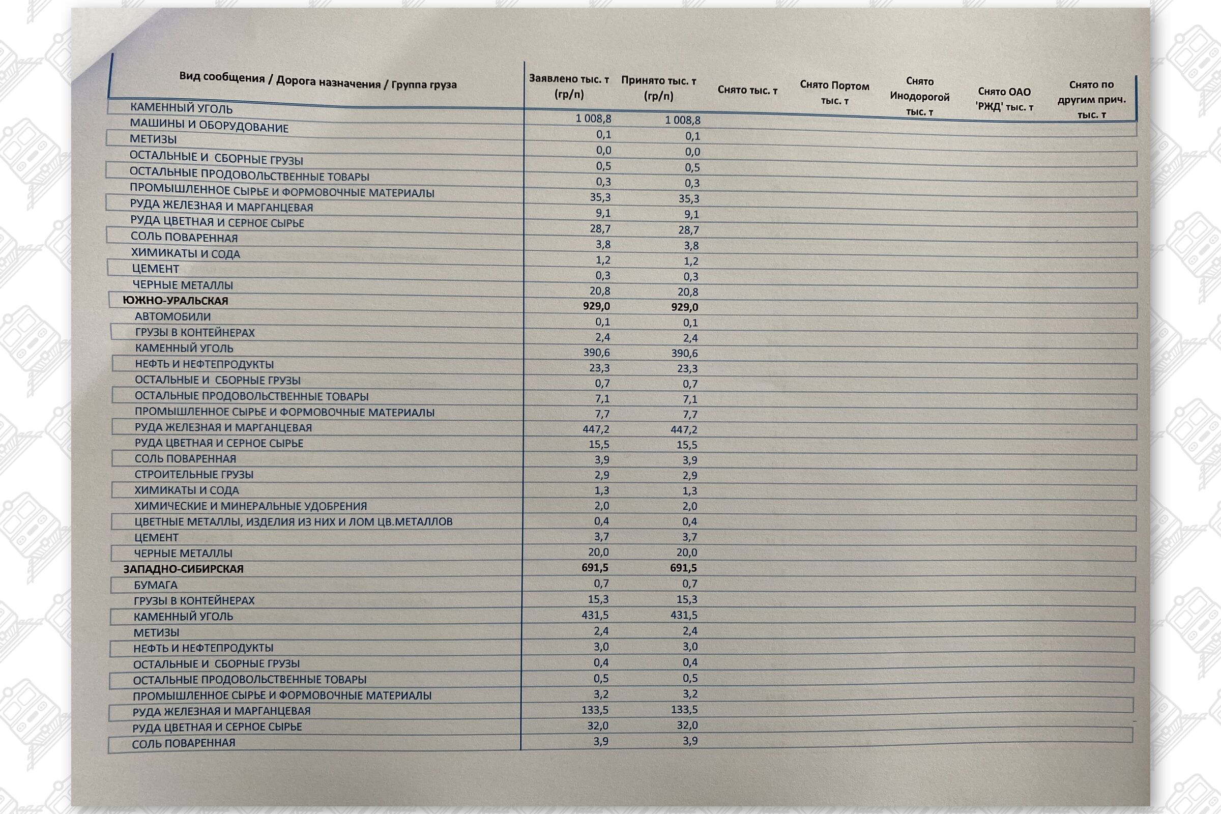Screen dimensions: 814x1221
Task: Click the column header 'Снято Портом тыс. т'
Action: [x=834, y=93]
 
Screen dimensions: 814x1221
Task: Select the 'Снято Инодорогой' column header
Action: [x=919, y=97]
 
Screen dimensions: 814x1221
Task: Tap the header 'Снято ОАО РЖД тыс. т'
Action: [x=1004, y=99]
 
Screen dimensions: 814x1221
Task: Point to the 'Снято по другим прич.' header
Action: [x=1091, y=99]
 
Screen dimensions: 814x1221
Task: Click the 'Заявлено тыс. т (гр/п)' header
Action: [x=569, y=86]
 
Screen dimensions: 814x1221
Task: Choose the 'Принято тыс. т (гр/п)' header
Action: [x=658, y=88]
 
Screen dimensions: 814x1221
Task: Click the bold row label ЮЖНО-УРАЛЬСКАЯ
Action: [x=175, y=301]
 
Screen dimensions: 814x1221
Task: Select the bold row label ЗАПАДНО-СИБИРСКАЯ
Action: [x=183, y=569]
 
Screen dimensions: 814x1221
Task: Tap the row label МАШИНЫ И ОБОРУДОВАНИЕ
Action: [x=209, y=125]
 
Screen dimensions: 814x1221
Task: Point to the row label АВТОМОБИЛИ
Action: [x=172, y=316]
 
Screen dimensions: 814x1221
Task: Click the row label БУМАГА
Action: [x=155, y=585]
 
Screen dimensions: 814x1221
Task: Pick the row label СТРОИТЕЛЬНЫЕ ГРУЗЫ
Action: [x=194, y=475]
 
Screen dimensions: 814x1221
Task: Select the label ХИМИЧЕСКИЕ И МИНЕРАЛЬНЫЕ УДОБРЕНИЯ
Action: [x=250, y=506]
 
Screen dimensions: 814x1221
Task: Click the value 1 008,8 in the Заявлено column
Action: [x=593, y=119]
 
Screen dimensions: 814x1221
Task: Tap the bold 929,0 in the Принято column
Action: [x=684, y=307]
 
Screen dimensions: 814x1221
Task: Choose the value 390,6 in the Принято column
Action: [x=684, y=354]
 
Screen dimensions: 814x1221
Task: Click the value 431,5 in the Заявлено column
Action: [x=595, y=615]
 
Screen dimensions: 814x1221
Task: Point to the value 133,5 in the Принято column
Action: [x=684, y=710]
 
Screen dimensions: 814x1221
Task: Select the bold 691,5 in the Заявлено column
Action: [x=595, y=568]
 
